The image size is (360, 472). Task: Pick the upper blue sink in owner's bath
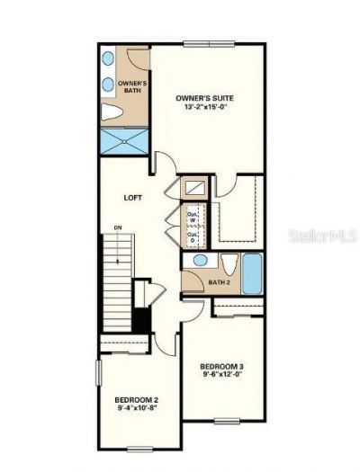pyautogui.click(x=108, y=58)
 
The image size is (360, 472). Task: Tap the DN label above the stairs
pyautogui.click(x=119, y=229)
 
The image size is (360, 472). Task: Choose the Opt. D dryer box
pyautogui.click(x=193, y=238)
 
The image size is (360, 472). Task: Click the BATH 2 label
pyautogui.click(x=219, y=281)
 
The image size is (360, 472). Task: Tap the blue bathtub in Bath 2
pyautogui.click(x=251, y=273)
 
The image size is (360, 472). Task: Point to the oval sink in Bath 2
pyautogui.click(x=200, y=262)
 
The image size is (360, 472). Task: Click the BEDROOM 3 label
pyautogui.click(x=221, y=367)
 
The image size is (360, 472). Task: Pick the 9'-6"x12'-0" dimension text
pyautogui.click(x=221, y=377)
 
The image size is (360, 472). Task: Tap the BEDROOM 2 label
pyautogui.click(x=136, y=400)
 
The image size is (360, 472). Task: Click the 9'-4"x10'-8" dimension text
pyautogui.click(x=136, y=410)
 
